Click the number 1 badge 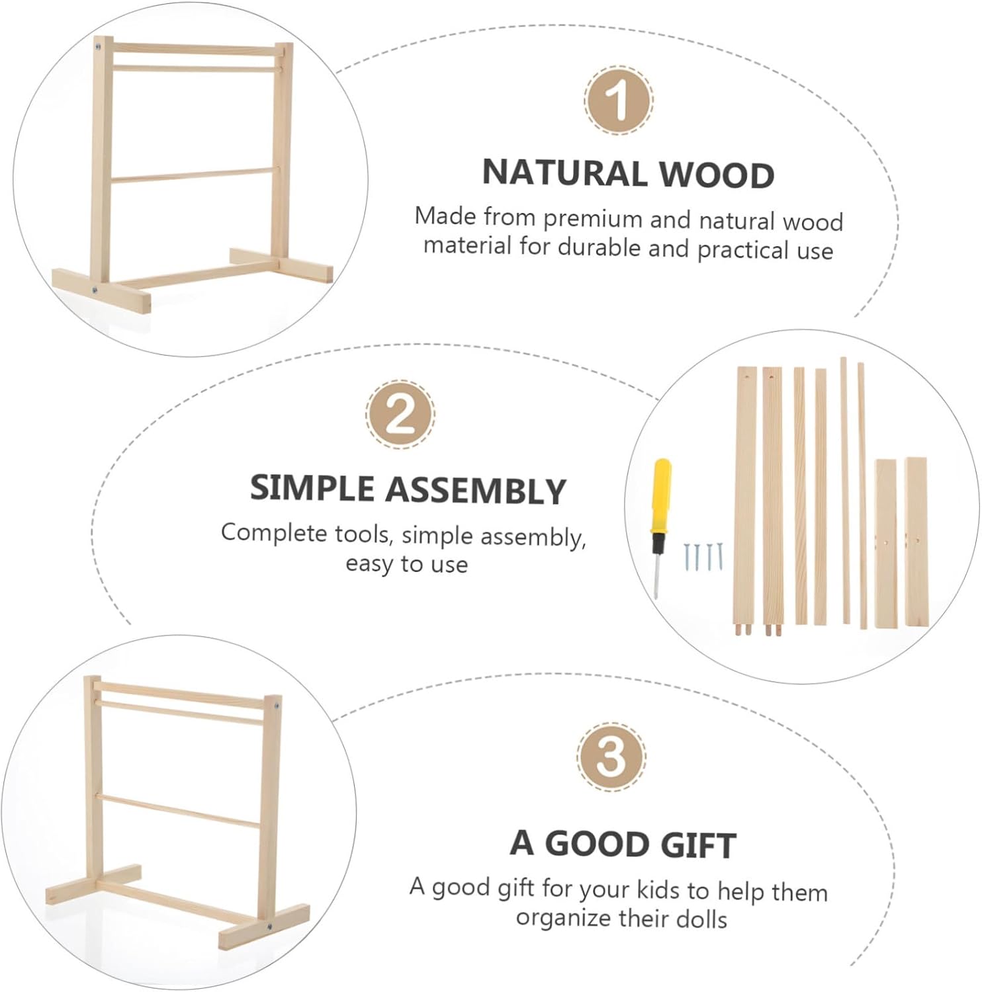pyautogui.click(x=618, y=101)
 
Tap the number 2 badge pyautogui.click(x=400, y=415)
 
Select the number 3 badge pyautogui.click(x=611, y=756)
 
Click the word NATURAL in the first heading pyautogui.click(x=564, y=173)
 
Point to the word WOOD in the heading pyautogui.click(x=717, y=175)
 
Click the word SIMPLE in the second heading pyautogui.click(x=312, y=488)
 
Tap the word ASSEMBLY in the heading pyautogui.click(x=476, y=491)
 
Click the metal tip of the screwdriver pyautogui.click(x=656, y=575)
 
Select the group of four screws pyautogui.click(x=704, y=557)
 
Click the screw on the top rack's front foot pyautogui.click(x=95, y=289)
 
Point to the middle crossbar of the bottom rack pyautogui.click(x=182, y=811)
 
